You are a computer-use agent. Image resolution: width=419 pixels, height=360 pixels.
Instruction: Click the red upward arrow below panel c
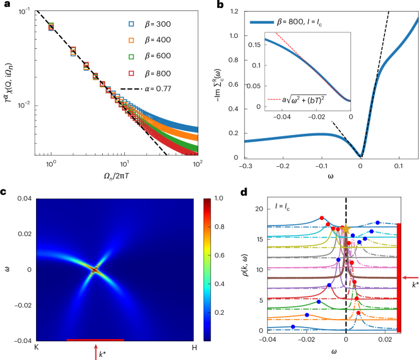(x=95, y=352)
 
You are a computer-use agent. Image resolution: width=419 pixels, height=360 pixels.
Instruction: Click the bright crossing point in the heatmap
(x=95, y=269)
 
